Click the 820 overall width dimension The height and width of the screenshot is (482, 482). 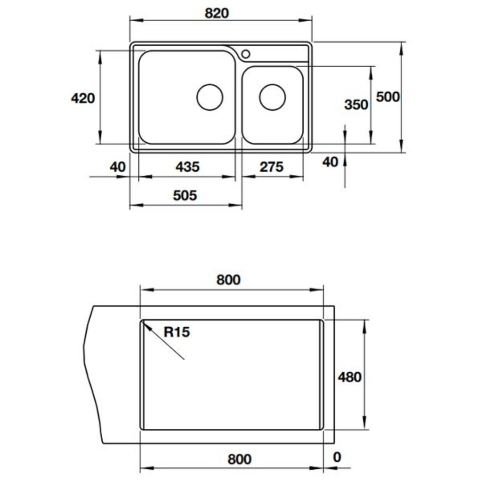217,13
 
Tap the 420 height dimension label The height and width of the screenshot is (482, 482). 82,98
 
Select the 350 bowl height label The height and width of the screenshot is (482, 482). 356,104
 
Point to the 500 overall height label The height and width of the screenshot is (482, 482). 388,97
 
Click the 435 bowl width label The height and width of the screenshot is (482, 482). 187,167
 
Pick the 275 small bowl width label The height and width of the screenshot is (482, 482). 271,167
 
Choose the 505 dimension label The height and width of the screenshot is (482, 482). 185,195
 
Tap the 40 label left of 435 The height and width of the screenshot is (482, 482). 118,167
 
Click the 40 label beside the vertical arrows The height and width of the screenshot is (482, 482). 330,162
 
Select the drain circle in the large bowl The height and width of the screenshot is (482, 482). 209,97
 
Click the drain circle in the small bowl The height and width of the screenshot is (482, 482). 273,97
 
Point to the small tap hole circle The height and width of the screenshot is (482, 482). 245,53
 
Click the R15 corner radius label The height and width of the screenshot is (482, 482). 177,332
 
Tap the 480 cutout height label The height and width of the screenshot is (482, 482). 349,377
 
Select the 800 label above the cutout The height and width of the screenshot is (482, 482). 228,280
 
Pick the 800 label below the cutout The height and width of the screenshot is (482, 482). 239,459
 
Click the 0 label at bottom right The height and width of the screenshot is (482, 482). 336,457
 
